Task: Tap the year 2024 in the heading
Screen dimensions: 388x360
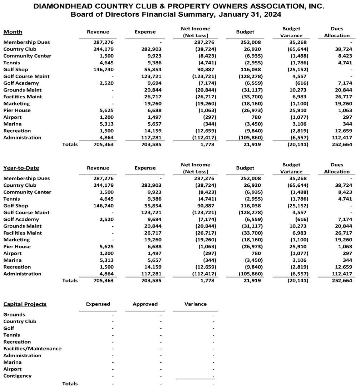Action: pos(271,15)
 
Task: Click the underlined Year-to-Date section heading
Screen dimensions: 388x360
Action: pos(21,168)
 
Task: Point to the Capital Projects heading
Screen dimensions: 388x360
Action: pos(25,304)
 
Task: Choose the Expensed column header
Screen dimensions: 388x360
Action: pos(98,304)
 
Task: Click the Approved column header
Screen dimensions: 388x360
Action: pos(145,304)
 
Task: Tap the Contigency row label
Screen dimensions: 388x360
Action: pos(18,376)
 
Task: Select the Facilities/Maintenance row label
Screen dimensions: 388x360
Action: pos(32,349)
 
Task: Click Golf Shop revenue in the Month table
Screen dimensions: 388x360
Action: pos(103,69)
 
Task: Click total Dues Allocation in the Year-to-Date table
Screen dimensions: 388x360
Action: pos(342,281)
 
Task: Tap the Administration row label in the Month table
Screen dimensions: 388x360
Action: pos(22,138)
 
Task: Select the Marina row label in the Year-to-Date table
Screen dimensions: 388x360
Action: pos(12,260)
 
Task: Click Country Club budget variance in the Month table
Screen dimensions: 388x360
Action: pos(298,49)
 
